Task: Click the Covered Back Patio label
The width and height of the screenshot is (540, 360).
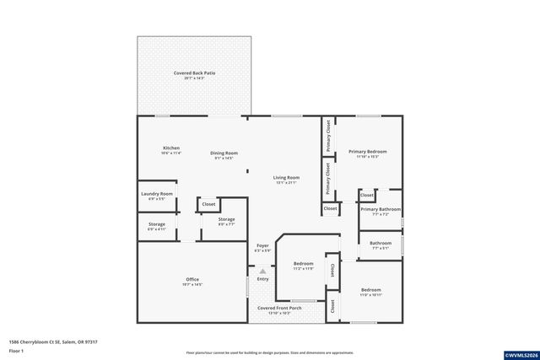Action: (194, 73)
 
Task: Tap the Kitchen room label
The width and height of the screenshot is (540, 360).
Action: (171, 148)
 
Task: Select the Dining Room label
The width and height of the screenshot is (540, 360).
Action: (224, 153)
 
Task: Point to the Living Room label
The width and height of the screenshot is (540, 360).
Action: (286, 177)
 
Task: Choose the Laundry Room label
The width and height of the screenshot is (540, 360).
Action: (156, 194)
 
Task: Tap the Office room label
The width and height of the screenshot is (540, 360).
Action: (192, 279)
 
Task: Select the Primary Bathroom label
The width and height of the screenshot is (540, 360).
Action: (381, 208)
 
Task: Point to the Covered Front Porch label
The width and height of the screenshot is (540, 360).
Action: (279, 309)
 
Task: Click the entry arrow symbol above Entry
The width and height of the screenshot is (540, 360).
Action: (262, 271)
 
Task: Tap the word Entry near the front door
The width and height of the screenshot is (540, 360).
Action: (262, 279)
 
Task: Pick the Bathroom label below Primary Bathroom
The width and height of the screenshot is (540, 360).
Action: (381, 244)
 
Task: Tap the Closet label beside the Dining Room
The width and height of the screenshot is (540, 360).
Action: (208, 204)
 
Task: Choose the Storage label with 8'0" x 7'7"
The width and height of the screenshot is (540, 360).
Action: (226, 220)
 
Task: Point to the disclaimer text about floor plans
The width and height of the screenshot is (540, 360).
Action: (269, 352)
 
